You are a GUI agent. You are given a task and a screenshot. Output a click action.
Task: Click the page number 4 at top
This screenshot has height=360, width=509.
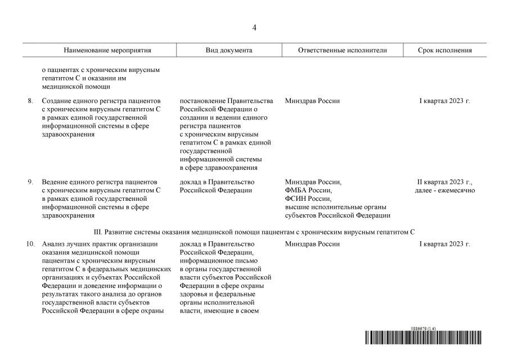(254, 28)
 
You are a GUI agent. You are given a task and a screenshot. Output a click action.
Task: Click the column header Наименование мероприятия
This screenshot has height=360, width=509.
(107, 50)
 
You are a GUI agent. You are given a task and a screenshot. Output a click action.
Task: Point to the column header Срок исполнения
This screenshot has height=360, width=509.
(444, 50)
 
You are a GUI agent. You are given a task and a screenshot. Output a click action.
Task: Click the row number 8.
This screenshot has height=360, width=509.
(30, 101)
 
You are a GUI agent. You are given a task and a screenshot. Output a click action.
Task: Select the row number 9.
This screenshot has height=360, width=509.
(30, 182)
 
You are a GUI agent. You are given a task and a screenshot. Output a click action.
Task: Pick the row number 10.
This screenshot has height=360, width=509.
(30, 244)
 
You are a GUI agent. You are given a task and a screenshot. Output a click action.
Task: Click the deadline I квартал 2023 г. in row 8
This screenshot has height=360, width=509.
(444, 101)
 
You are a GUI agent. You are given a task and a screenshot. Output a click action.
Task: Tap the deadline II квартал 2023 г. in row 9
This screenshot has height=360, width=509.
(444, 182)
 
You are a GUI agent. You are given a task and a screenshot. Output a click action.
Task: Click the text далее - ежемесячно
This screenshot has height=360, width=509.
(444, 191)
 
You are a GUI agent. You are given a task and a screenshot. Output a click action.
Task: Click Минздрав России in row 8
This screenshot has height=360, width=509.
(312, 101)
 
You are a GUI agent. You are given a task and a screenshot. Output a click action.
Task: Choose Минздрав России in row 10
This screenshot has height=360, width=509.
(312, 244)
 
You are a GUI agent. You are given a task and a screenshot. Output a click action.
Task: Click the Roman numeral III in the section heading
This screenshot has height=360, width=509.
(97, 232)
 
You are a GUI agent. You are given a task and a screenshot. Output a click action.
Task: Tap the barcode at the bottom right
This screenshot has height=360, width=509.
(423, 337)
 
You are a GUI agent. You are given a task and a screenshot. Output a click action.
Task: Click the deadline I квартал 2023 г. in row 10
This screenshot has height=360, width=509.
(444, 244)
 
